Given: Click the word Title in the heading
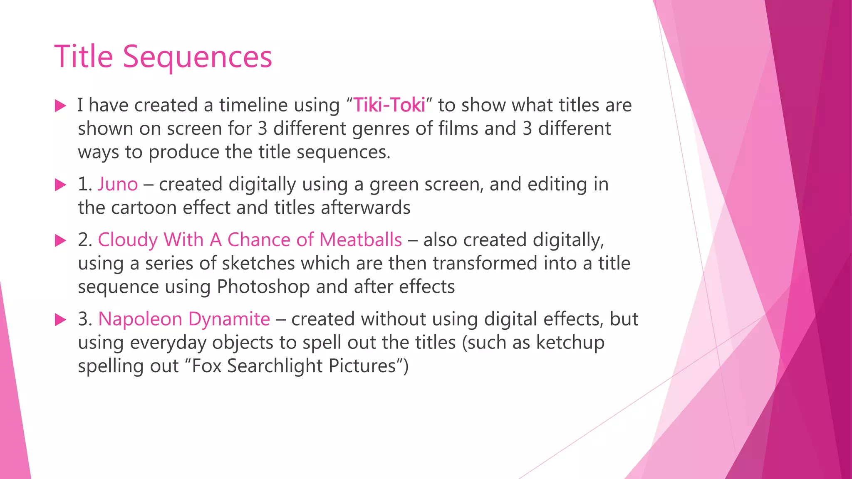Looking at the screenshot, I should pos(84,57).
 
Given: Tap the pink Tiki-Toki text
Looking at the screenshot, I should pos(389,105).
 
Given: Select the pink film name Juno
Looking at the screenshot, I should pos(118,184).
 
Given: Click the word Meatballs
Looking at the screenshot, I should pos(361,240).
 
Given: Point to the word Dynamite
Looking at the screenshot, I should pos(229,319).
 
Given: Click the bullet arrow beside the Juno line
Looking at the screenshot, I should pos(61,185).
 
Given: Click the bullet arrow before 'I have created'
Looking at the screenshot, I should pos(61,106).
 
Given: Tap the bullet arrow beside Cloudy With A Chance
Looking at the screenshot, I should pos(61,240).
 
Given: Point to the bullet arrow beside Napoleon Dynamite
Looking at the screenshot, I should pos(61,320).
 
